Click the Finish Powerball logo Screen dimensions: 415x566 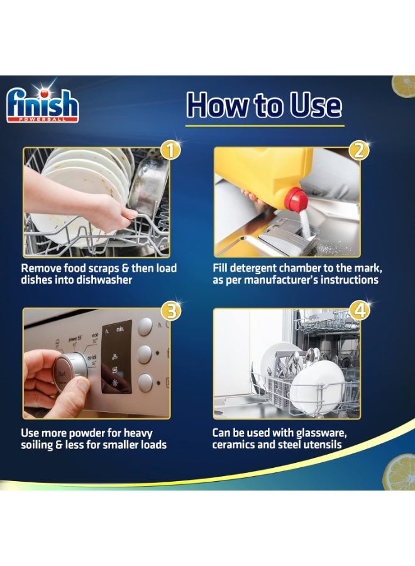[42, 104]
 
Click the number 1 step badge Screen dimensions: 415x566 [170, 150]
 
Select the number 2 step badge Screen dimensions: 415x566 [359, 150]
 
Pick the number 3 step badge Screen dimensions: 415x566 [171, 310]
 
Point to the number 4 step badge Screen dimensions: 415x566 [360, 310]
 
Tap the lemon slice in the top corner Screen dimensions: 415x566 [404, 86]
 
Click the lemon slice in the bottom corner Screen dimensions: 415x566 [399, 472]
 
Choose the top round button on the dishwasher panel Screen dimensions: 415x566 [145, 326]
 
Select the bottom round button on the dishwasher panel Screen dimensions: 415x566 [145, 382]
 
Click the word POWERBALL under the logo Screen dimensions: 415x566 [43, 119]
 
